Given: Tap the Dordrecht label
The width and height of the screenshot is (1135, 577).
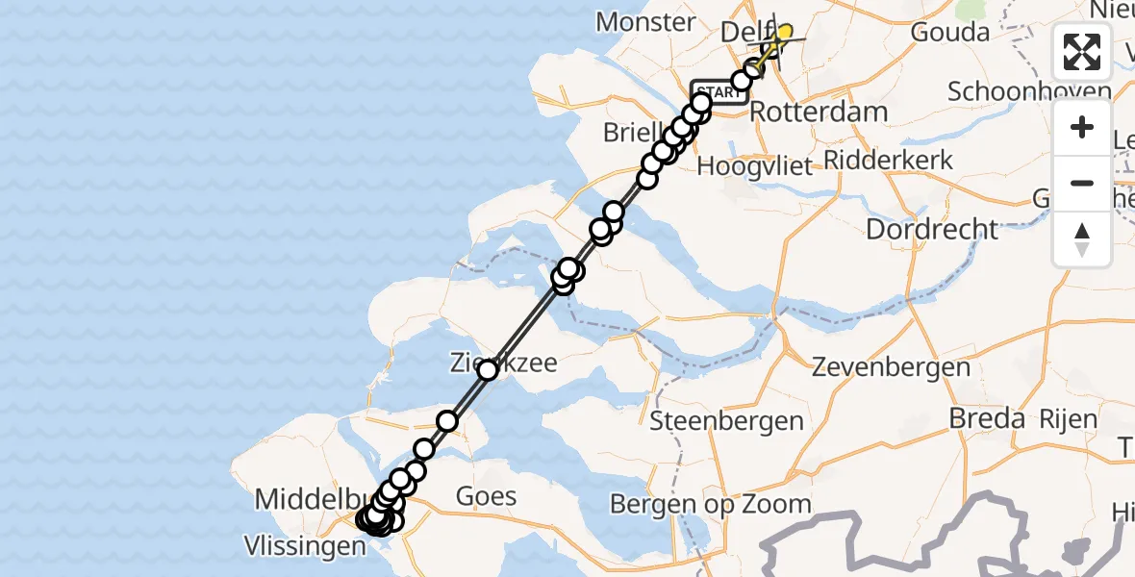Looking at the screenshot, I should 932,230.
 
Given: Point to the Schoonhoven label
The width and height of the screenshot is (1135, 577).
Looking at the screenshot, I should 1029,92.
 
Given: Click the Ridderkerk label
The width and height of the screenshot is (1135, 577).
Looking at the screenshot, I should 888,160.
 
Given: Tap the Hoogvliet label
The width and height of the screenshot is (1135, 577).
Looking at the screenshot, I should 755,165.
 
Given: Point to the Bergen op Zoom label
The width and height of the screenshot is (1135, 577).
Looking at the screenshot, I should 711,504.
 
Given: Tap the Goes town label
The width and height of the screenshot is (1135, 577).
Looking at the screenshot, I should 486,497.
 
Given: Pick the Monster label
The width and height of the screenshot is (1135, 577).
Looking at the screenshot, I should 645,22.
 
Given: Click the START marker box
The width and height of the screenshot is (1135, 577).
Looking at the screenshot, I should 716,92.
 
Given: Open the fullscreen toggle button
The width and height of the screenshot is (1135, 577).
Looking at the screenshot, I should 1082,52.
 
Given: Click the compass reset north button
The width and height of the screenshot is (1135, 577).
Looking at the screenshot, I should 1082,238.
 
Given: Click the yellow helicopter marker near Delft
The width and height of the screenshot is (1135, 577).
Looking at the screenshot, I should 783,34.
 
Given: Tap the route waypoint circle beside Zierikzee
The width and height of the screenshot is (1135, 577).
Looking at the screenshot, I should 488,370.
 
